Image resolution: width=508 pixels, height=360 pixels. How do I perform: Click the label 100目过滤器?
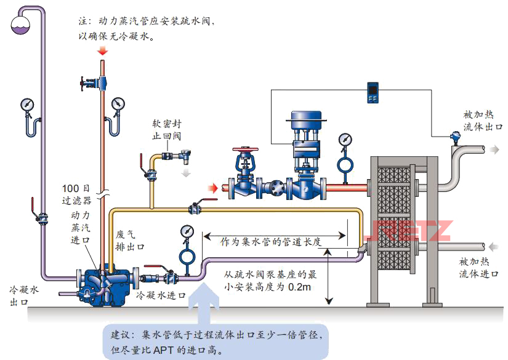click(76, 194)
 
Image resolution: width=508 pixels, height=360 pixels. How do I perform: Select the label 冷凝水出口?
click(23, 295)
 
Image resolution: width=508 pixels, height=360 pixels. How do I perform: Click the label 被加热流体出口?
click(483, 121)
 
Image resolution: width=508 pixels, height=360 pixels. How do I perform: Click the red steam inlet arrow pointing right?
click(212, 187)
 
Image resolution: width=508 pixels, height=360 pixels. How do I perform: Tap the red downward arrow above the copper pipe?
click(102, 55)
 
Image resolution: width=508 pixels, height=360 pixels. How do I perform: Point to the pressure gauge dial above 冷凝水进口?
click(187, 231)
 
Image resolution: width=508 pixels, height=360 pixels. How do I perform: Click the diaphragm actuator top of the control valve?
click(307, 116)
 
